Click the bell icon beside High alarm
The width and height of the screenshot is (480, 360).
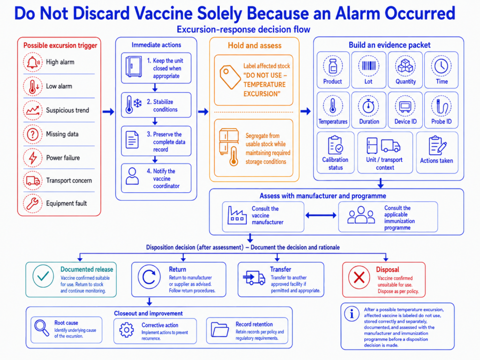pyautogui.click(x=33, y=62)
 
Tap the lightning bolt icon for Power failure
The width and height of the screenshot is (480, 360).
pyautogui.click(x=33, y=158)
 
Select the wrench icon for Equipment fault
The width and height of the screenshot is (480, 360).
pyautogui.click(x=32, y=203)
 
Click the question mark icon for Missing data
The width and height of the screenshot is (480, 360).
pyautogui.click(x=33, y=134)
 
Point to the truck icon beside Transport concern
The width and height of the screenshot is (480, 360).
pyautogui.click(x=33, y=180)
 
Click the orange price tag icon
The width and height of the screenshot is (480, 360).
pyautogui.click(x=230, y=77)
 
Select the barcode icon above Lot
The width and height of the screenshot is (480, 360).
pyautogui.click(x=368, y=66)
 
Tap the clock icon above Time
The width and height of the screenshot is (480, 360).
pyautogui.click(x=441, y=66)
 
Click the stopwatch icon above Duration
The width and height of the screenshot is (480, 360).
pyautogui.click(x=368, y=106)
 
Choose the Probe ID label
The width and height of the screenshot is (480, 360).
pyautogui.click(x=442, y=121)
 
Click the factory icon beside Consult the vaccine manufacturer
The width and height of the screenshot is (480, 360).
pyautogui.click(x=237, y=215)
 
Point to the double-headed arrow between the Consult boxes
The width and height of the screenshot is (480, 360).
pyautogui.click(x=321, y=216)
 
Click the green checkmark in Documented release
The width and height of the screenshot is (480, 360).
pyautogui.click(x=43, y=276)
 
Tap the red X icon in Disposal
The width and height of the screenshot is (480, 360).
pyautogui.click(x=359, y=277)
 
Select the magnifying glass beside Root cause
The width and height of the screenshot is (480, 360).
pyautogui.click(x=42, y=328)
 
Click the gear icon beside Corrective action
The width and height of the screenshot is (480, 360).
pyautogui.click(x=127, y=330)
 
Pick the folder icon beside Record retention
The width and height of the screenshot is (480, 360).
pyautogui.click(x=220, y=330)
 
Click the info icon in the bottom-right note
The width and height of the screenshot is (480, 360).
pyautogui.click(x=352, y=314)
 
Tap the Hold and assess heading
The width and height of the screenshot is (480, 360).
pyautogui.click(x=255, y=45)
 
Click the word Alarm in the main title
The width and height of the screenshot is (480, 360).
pyautogui.click(x=357, y=14)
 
